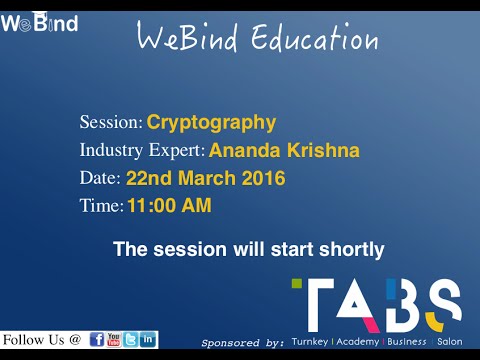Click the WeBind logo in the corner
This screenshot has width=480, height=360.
click(x=39, y=23)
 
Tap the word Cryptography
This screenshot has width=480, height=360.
click(x=211, y=123)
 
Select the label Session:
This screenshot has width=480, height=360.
click(x=111, y=123)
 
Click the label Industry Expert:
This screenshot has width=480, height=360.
click(x=142, y=151)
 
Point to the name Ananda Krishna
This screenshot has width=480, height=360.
click(x=284, y=151)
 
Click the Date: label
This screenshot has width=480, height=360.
click(x=100, y=179)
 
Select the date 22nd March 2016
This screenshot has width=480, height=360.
click(x=205, y=179)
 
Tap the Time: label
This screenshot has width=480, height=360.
click(x=101, y=207)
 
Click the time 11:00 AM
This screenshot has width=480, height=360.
click(x=168, y=207)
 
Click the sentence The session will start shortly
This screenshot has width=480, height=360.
click(x=248, y=249)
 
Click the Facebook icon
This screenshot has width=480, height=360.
click(x=98, y=339)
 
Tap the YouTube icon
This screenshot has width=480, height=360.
click(x=114, y=339)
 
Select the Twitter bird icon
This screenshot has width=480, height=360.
click(x=130, y=339)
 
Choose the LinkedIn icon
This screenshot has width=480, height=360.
click(x=147, y=339)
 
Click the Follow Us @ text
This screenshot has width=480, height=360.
click(x=42, y=339)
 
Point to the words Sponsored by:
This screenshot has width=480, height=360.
click(x=243, y=342)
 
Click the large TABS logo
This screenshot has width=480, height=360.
click(x=376, y=304)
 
